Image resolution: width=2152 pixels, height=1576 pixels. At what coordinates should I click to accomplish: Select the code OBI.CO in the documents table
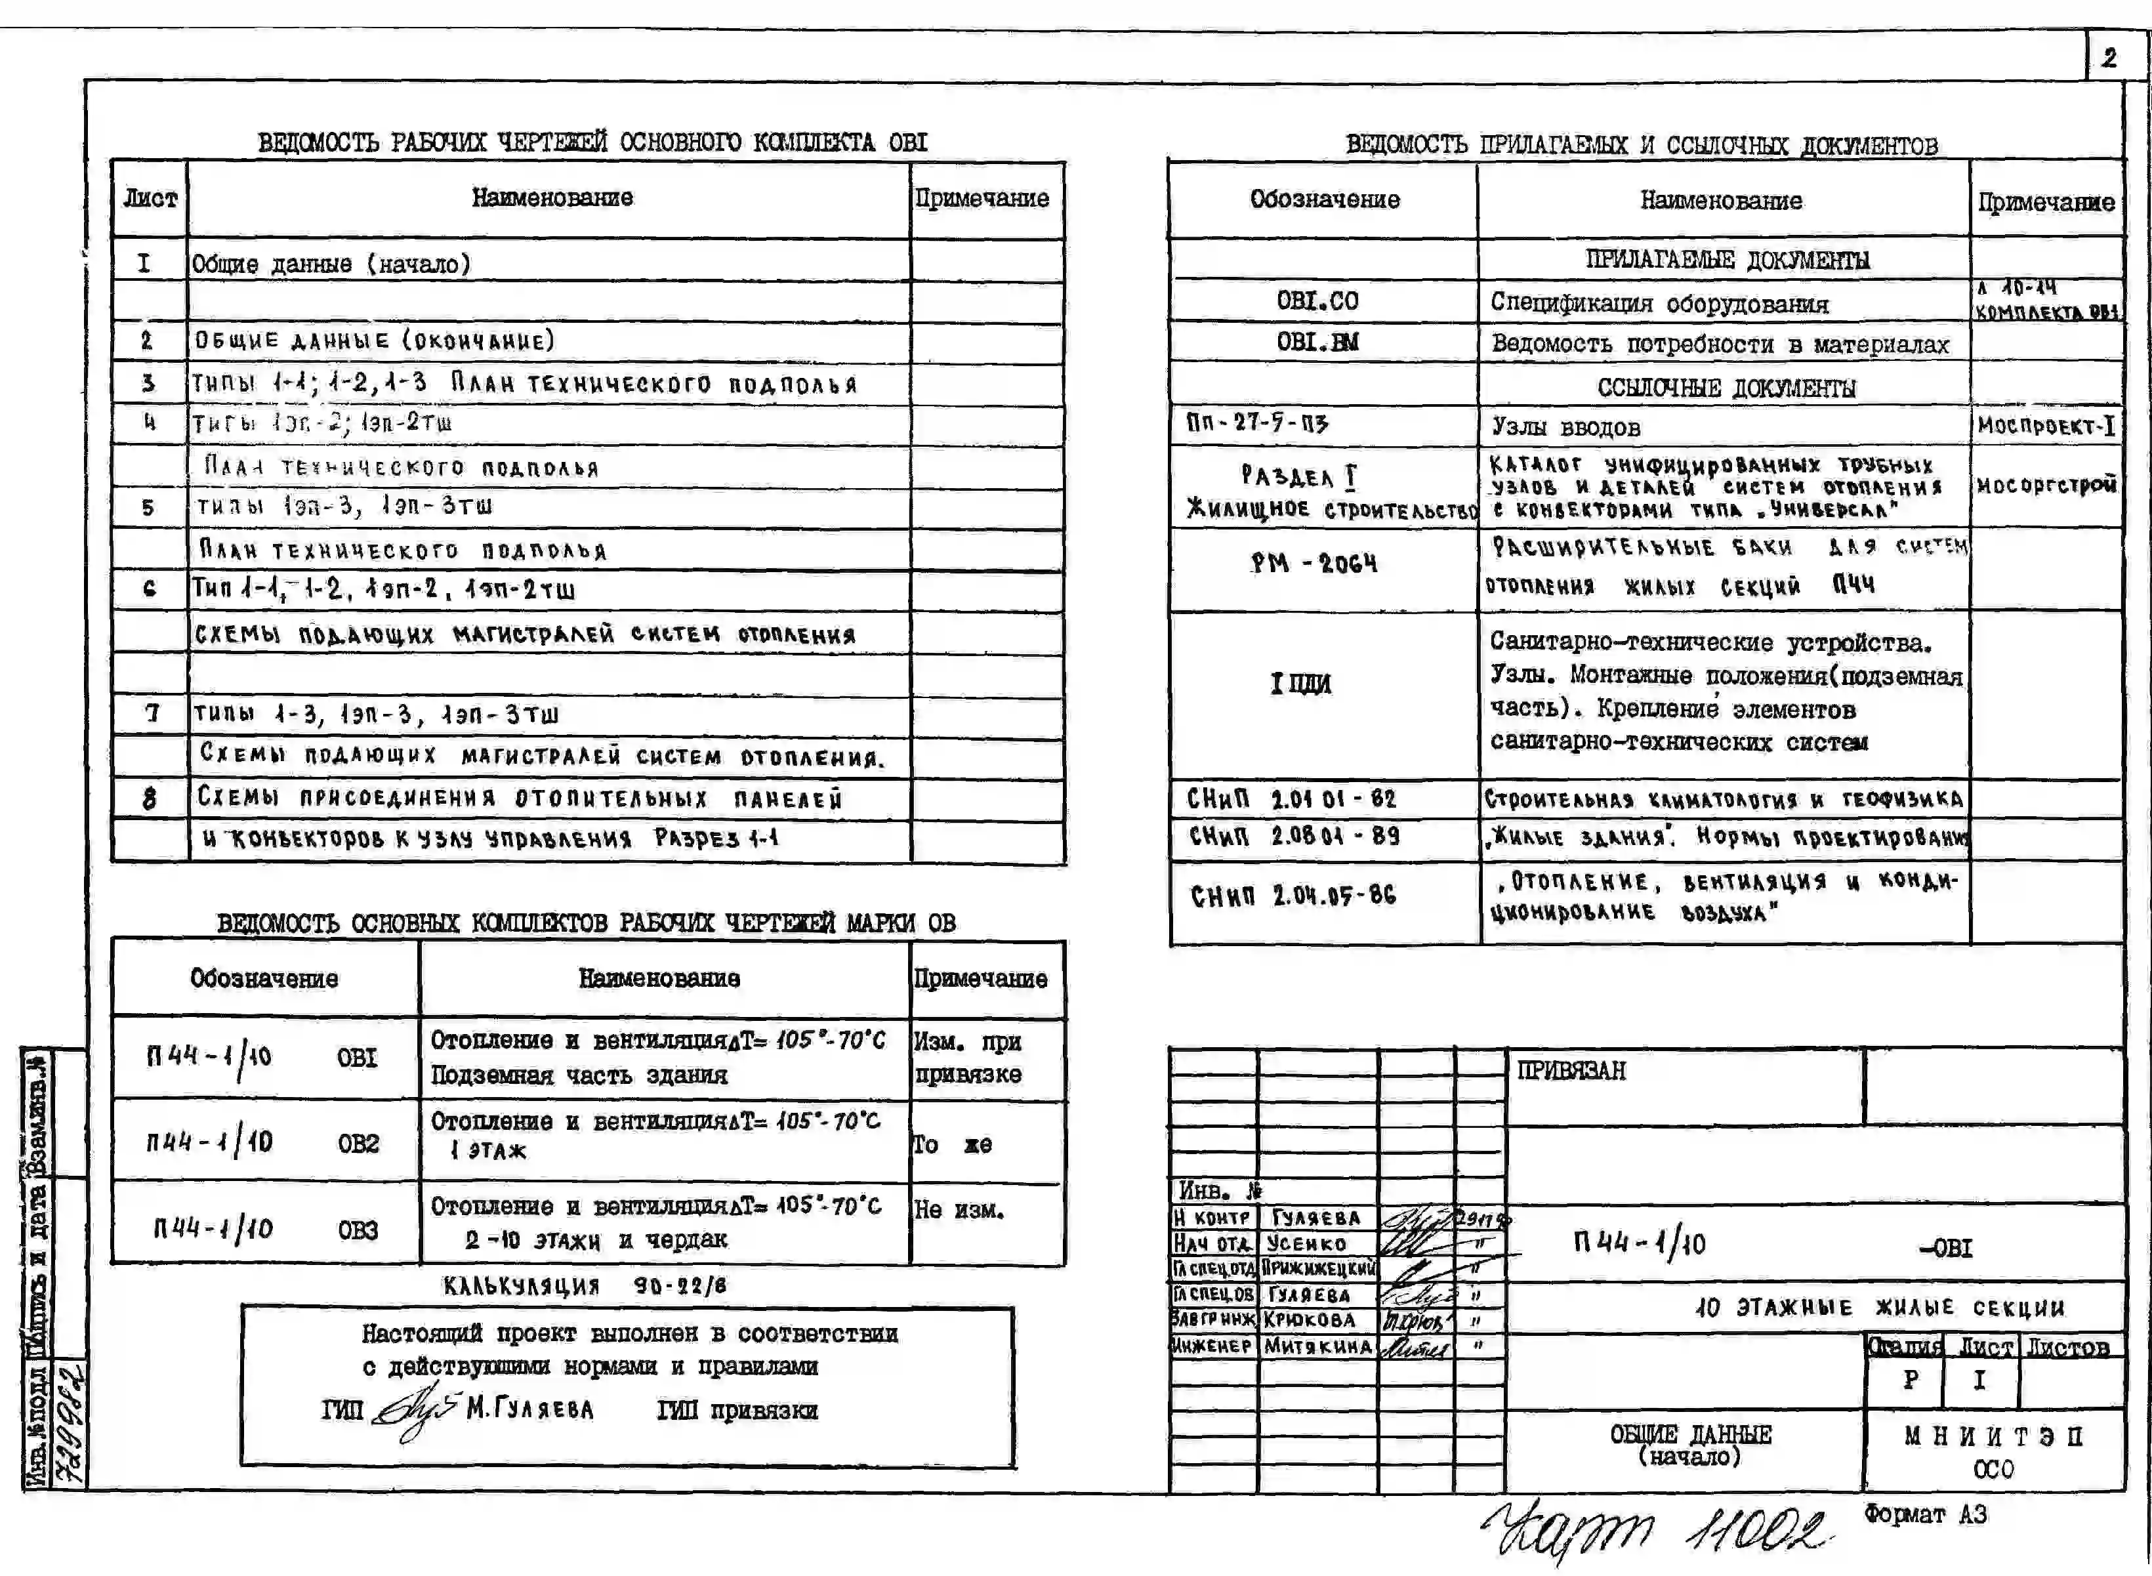point(1317,301)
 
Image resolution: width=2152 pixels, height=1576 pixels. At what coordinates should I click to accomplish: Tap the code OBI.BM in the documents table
point(1317,342)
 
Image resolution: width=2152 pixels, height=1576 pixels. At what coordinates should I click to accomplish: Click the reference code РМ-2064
point(1314,564)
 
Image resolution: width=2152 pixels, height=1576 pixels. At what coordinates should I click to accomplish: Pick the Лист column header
point(150,198)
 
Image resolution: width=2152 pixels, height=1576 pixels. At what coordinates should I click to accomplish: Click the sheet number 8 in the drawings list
point(149,798)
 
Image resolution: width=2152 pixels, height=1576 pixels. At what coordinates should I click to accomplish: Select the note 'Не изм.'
point(959,1210)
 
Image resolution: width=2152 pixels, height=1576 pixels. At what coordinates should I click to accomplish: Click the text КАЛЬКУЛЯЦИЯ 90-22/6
point(584,1286)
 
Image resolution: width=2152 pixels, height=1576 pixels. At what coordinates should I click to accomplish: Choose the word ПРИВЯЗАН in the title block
point(1571,1070)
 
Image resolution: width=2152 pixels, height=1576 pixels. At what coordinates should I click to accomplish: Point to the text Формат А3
point(1925,1514)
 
